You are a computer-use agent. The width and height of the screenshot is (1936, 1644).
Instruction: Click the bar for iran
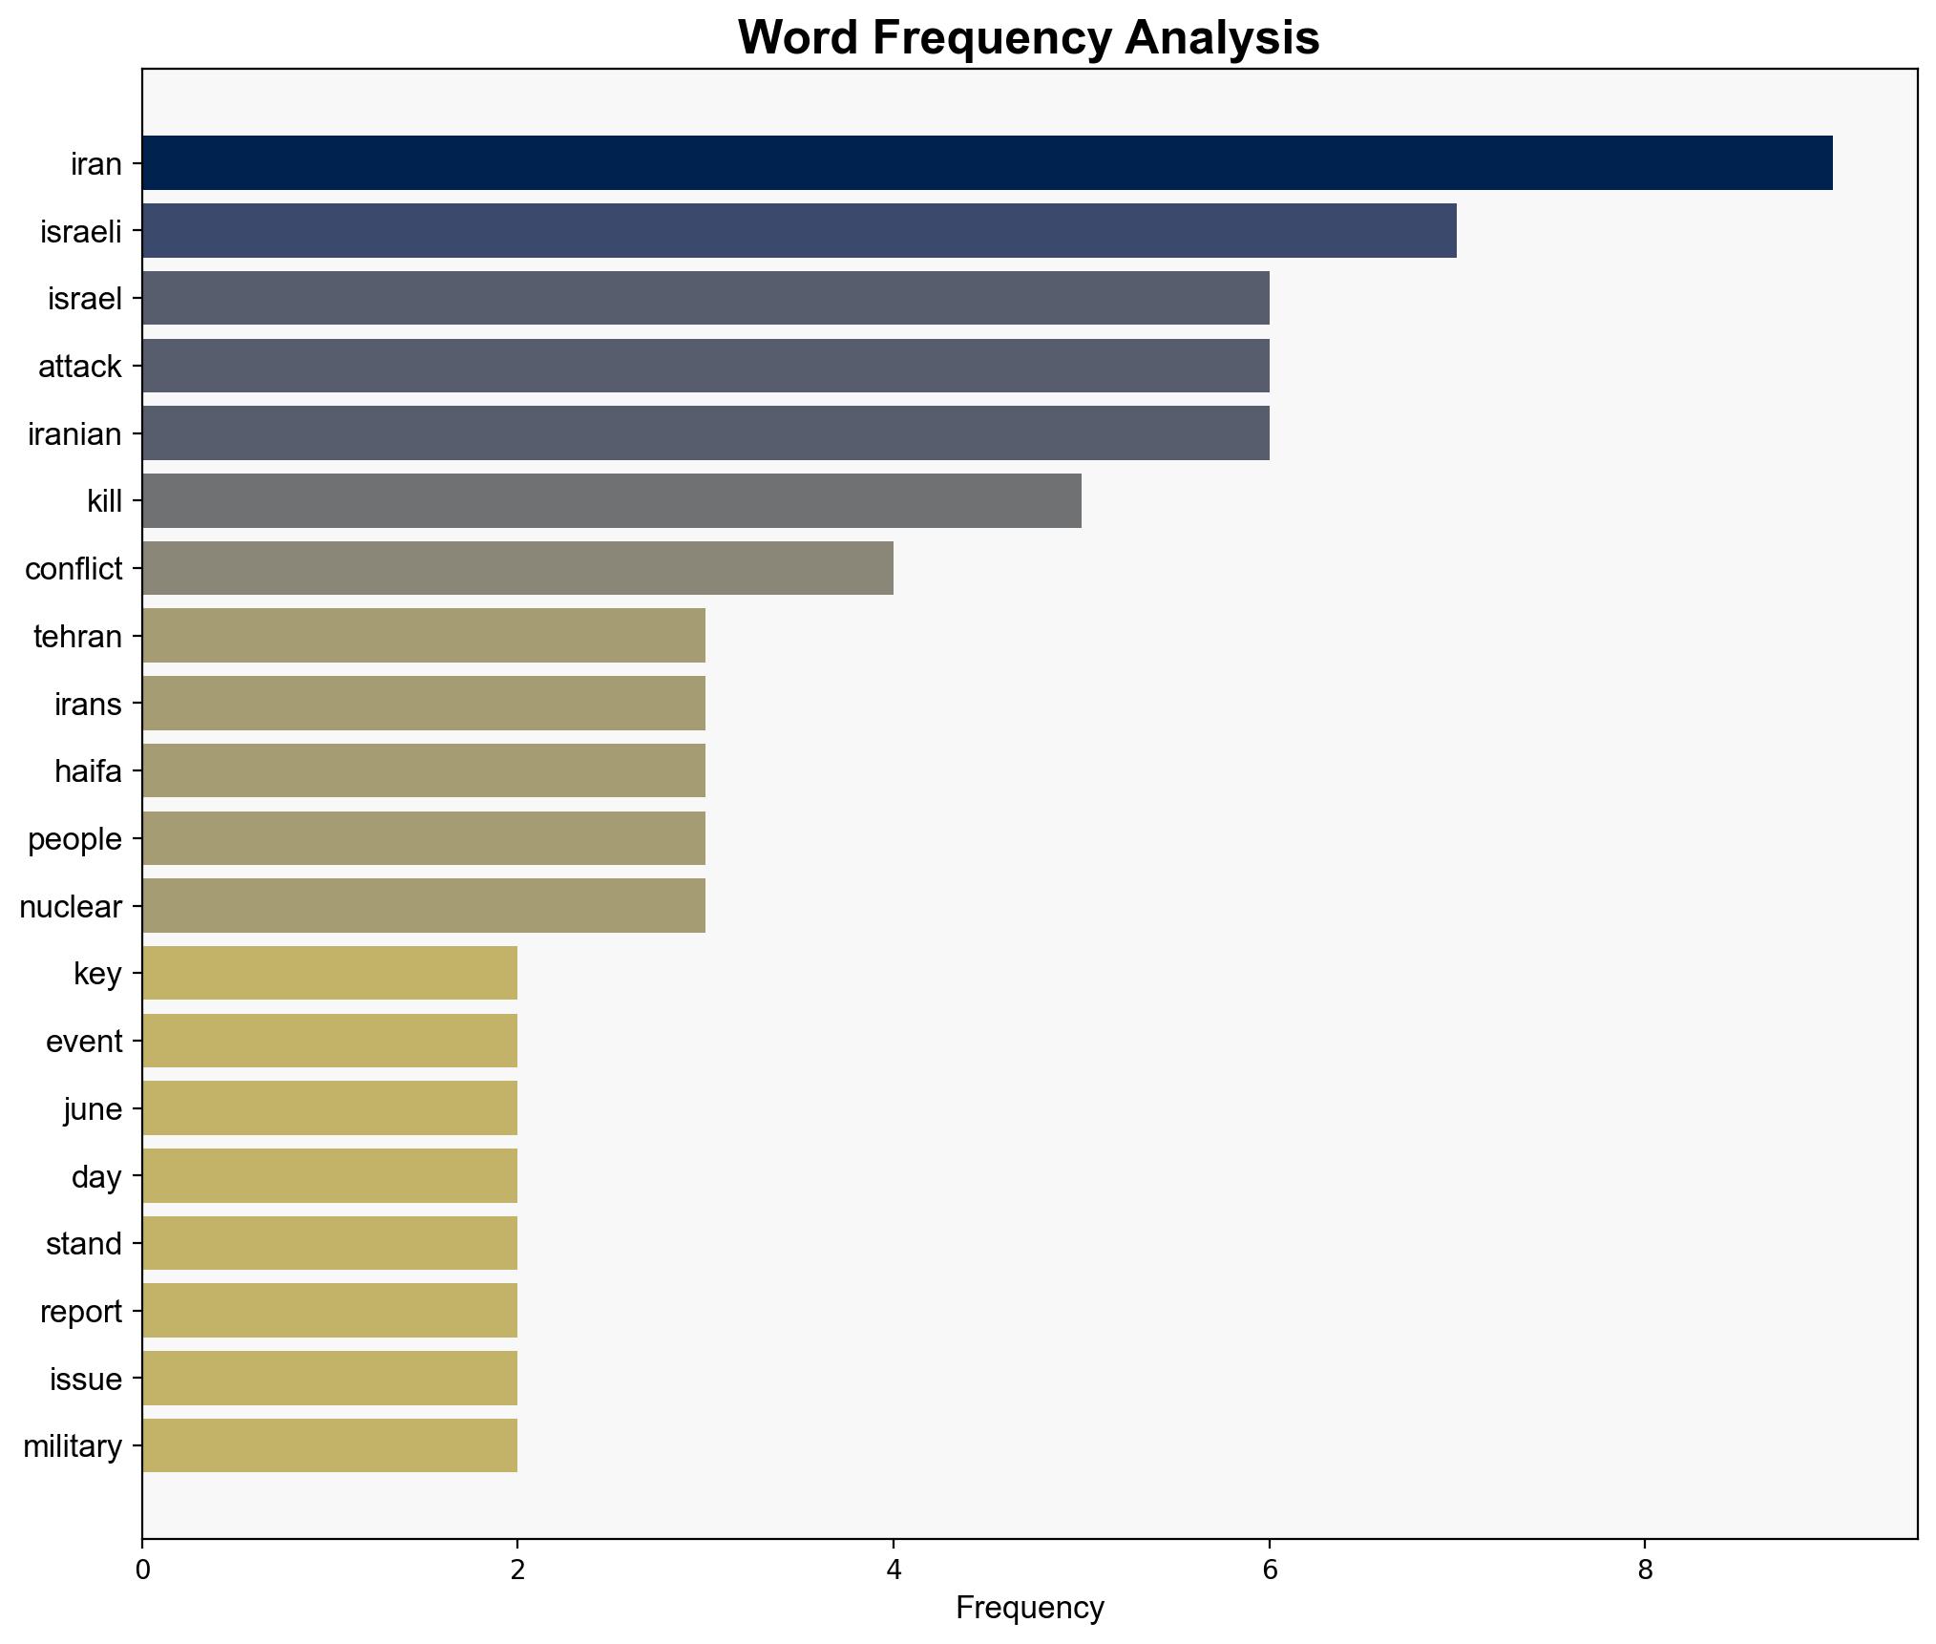(x=986, y=163)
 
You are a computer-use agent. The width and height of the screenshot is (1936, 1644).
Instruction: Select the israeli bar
(x=799, y=231)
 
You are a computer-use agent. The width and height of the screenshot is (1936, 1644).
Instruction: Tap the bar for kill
(x=611, y=500)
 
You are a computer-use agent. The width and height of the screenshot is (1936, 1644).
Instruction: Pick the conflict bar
(x=517, y=568)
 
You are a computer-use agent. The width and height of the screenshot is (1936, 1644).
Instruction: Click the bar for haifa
(x=424, y=770)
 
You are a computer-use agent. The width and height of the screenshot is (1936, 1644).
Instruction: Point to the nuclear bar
(x=424, y=906)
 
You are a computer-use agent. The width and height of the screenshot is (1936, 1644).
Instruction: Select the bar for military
(x=329, y=1445)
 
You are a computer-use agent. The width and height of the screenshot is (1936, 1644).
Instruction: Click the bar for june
(x=329, y=1108)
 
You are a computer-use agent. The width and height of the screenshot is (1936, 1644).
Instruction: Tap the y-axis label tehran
(x=77, y=637)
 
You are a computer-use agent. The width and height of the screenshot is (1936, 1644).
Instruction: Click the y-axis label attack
(x=80, y=367)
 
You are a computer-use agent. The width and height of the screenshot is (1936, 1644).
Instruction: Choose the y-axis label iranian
(x=74, y=434)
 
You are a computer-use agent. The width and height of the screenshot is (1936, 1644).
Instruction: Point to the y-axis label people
(x=74, y=839)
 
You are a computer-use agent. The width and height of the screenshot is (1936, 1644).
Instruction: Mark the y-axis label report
(x=81, y=1312)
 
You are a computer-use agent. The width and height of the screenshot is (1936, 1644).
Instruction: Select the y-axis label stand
(x=84, y=1244)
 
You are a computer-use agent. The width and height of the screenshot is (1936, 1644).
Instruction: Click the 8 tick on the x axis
(x=1644, y=1570)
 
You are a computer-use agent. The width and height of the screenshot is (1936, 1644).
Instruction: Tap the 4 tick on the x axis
(x=894, y=1570)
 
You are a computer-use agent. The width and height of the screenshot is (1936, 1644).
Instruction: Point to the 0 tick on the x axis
(x=143, y=1570)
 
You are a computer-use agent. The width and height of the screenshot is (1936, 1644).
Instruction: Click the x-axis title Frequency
(x=1029, y=1609)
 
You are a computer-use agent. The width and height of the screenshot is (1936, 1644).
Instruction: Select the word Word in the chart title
(x=798, y=38)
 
